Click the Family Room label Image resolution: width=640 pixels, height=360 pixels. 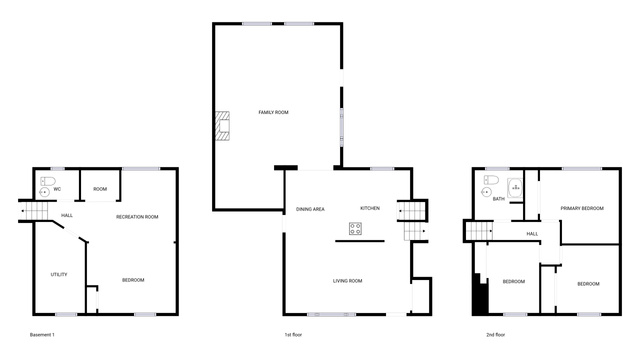pyautogui.click(x=273, y=112)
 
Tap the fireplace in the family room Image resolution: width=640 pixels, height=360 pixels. pyautogui.click(x=222, y=126)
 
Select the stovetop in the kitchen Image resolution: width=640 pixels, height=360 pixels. pyautogui.click(x=355, y=229)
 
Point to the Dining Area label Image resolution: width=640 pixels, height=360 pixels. pyautogui.click(x=310, y=209)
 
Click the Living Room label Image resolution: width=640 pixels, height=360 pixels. pyautogui.click(x=347, y=281)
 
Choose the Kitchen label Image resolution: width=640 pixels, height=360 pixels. pyautogui.click(x=370, y=208)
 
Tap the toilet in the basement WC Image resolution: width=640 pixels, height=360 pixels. pyautogui.click(x=48, y=181)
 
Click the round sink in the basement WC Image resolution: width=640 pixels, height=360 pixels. pyautogui.click(x=44, y=192)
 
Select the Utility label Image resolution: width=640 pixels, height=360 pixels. pyautogui.click(x=59, y=274)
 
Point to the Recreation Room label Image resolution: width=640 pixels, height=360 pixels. pyautogui.click(x=137, y=217)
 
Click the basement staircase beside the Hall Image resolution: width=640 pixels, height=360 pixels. pyautogui.click(x=34, y=211)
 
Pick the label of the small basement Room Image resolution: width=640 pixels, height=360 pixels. pyautogui.click(x=100, y=189)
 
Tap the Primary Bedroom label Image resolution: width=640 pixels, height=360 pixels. pyautogui.click(x=582, y=208)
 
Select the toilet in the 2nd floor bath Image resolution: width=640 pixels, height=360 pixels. pyautogui.click(x=491, y=180)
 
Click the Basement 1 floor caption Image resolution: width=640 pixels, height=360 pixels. pyautogui.click(x=42, y=335)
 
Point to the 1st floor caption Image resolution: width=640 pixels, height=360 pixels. pyautogui.click(x=293, y=335)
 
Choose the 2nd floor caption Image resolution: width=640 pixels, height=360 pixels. pyautogui.click(x=496, y=335)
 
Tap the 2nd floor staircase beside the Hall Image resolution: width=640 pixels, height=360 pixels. pyautogui.click(x=479, y=231)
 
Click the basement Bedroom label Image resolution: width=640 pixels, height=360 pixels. pyautogui.click(x=133, y=280)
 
